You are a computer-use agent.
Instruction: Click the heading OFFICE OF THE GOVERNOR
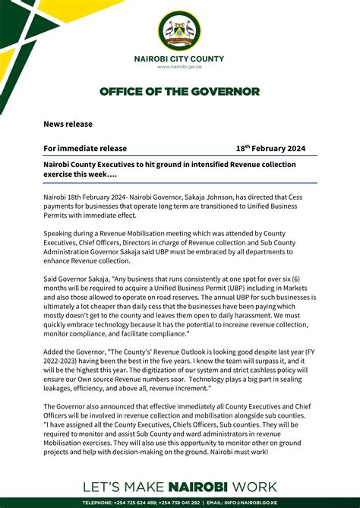point(180,92)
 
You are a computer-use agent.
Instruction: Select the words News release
point(68,124)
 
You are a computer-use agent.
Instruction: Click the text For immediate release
point(85,149)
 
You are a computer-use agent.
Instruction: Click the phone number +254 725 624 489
point(141,503)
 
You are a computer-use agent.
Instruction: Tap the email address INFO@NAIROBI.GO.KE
point(290,503)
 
